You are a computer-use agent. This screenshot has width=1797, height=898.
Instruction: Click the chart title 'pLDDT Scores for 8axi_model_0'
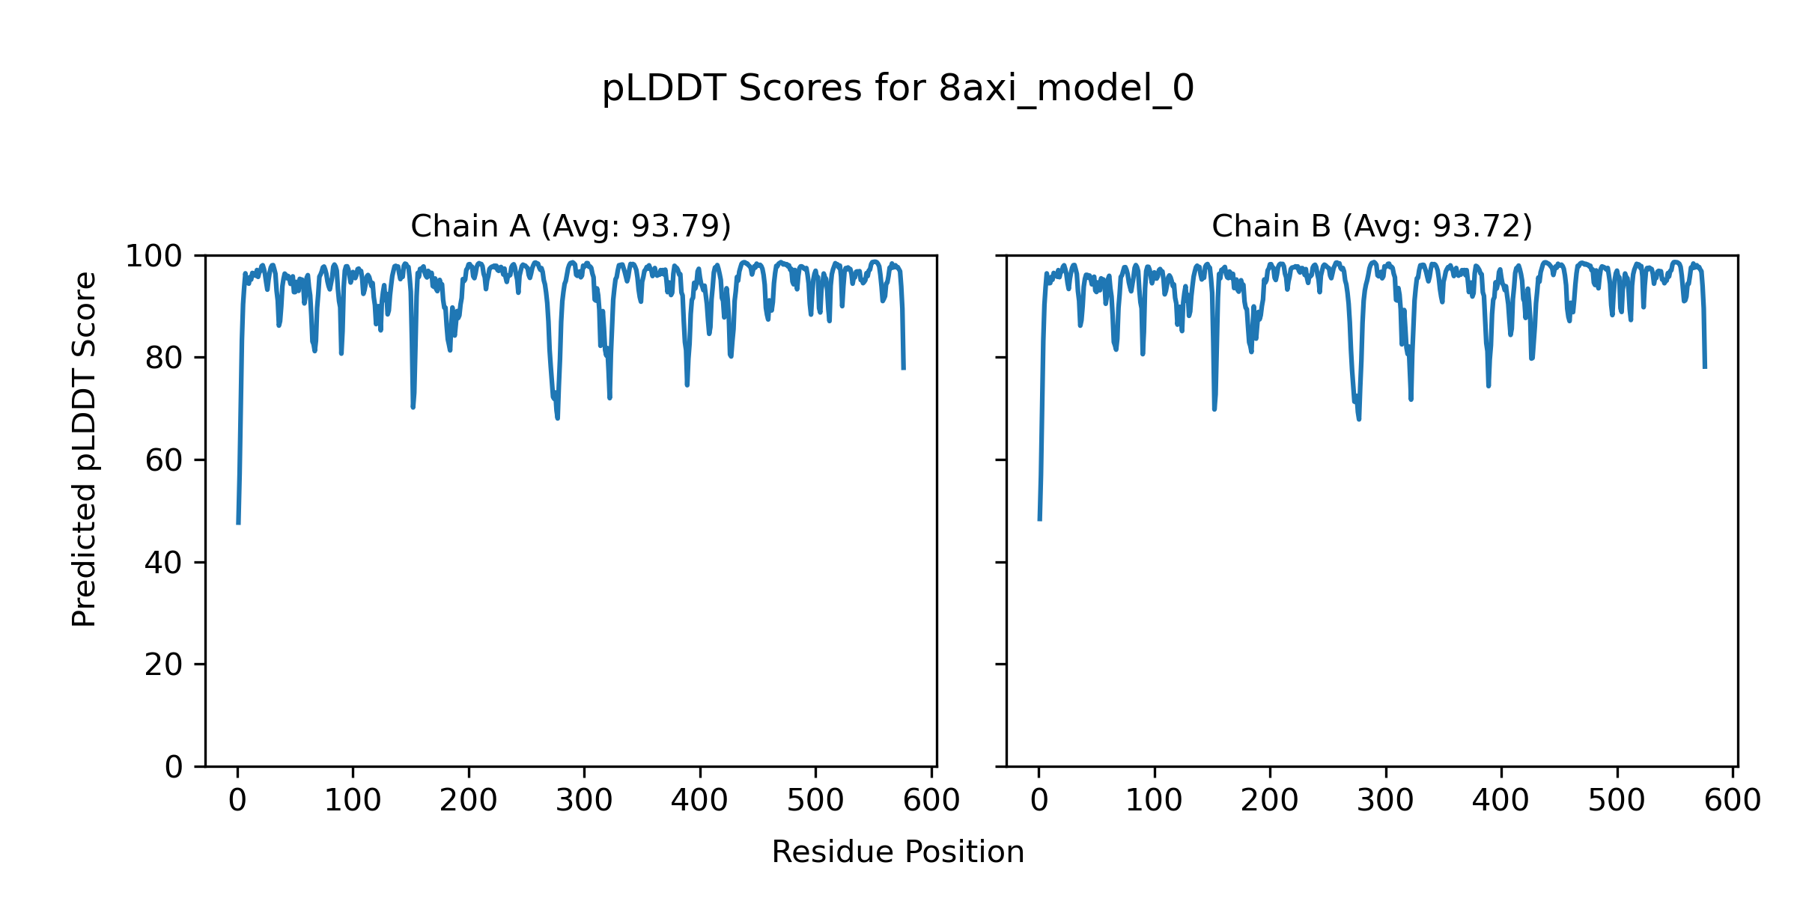click(898, 89)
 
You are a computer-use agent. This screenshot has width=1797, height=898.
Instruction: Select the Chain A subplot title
click(571, 226)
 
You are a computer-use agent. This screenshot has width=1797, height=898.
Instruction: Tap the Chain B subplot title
click(1372, 226)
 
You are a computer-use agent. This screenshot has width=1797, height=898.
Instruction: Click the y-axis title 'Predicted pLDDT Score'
click(85, 449)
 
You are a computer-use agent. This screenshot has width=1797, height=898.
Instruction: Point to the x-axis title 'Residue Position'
click(898, 852)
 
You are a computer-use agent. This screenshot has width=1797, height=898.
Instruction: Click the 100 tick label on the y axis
click(153, 257)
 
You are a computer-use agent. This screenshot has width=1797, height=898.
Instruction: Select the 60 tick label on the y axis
click(164, 461)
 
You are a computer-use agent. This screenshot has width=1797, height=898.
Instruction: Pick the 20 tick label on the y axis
click(164, 665)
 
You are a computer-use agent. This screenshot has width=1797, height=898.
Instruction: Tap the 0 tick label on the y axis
click(174, 767)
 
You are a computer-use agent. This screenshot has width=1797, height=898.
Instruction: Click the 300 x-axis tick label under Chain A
click(584, 801)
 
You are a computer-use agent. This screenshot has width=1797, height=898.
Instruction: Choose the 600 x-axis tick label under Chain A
click(931, 801)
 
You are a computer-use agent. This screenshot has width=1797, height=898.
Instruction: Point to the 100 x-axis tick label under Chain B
click(1154, 801)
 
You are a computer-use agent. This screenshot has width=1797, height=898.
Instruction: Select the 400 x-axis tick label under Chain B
click(1500, 801)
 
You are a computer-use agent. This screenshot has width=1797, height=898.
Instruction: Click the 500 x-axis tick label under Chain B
click(1617, 801)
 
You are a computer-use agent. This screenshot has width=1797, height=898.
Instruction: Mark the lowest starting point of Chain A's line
click(238, 523)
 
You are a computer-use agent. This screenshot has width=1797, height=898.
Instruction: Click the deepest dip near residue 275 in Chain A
click(558, 418)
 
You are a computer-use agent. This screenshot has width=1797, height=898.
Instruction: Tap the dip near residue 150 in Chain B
click(1214, 409)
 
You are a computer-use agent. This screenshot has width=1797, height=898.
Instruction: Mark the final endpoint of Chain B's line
click(1705, 367)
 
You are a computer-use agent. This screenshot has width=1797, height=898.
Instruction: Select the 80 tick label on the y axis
click(164, 359)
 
